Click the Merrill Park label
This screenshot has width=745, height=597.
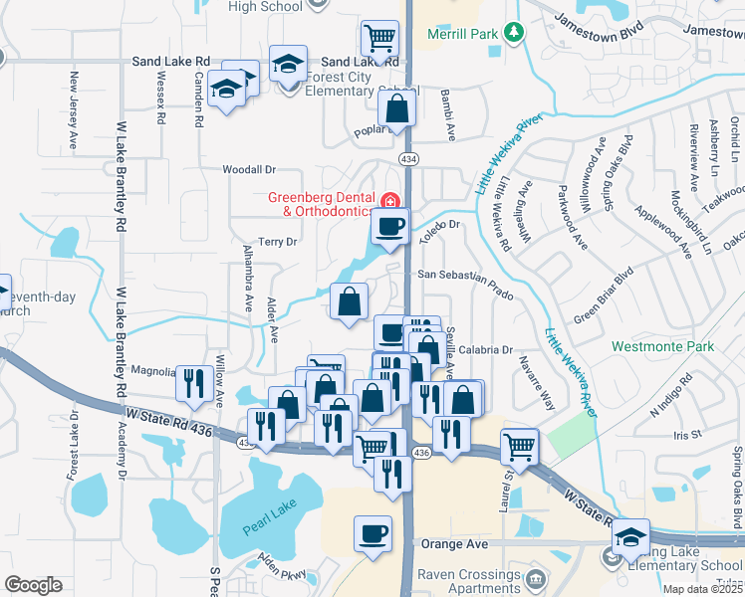[462, 34]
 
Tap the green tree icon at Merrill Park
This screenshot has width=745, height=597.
[514, 34]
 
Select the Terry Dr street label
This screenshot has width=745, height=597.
[278, 242]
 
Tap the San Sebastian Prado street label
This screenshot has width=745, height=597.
[464, 276]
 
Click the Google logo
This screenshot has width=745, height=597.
[33, 585]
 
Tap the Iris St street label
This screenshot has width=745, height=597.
[687, 435]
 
